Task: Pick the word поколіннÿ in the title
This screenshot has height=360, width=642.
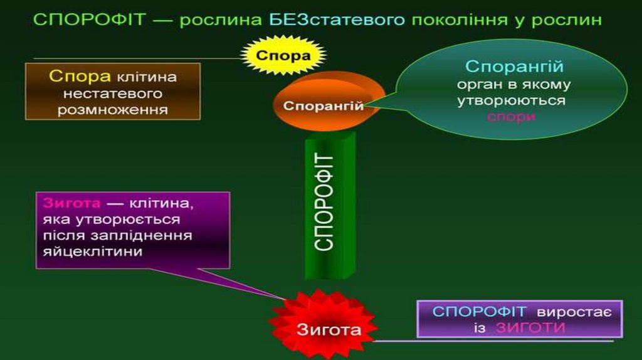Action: pos(453,19)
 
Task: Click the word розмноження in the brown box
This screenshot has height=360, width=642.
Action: pos(112,109)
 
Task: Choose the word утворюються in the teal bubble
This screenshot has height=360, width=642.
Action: pos(512,100)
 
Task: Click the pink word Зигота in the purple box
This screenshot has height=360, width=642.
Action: pos(72,204)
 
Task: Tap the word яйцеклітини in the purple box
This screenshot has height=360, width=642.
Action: pos(93,251)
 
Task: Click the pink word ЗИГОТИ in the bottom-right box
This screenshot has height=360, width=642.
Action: pos(530,327)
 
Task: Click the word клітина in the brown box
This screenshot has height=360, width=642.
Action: pos(146,77)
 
